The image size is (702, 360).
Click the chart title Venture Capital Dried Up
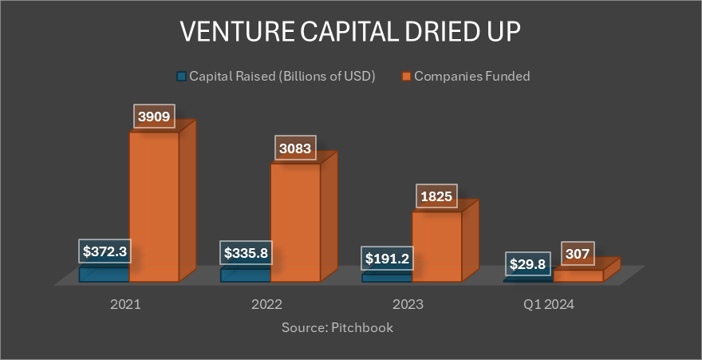click(x=351, y=34)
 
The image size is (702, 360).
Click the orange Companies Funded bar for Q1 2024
click(x=578, y=275)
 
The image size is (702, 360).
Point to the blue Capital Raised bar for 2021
click(x=104, y=274)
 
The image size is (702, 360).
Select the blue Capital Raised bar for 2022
click(x=245, y=275)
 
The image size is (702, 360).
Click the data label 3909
click(x=154, y=117)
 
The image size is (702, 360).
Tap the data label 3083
click(x=295, y=148)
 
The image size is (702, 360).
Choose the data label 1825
click(x=436, y=196)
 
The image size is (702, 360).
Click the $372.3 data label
click(x=105, y=251)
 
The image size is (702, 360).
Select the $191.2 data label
click(x=387, y=259)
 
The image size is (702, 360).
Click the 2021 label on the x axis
click(x=128, y=304)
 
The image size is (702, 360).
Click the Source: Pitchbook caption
click(x=337, y=327)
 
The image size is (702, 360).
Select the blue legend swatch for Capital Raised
click(x=182, y=77)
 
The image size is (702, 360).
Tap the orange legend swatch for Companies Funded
click(x=406, y=77)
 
